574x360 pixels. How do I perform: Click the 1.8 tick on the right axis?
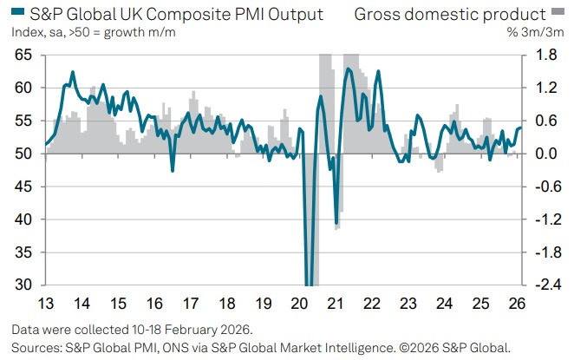click(x=544, y=55)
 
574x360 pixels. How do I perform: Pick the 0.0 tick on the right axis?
click(x=544, y=154)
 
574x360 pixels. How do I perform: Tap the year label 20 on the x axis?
click(x=299, y=304)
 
